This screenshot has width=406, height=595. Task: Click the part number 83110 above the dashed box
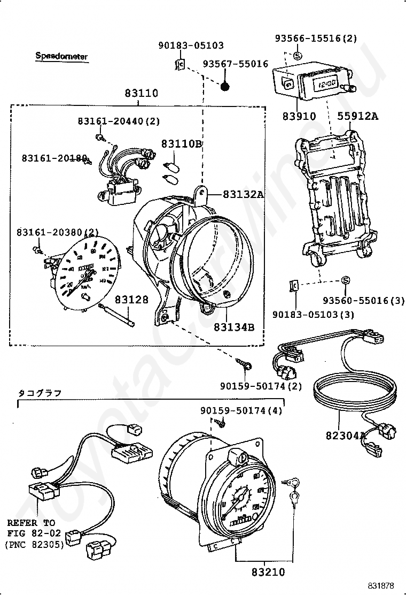(142, 93)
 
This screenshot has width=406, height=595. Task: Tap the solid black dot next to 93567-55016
(225, 85)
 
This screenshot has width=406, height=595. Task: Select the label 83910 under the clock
(300, 116)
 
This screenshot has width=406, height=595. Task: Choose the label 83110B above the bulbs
(182, 144)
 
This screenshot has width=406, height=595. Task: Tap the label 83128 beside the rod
(131, 300)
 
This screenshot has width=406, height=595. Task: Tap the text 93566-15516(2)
(316, 39)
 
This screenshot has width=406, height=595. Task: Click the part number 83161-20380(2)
(58, 232)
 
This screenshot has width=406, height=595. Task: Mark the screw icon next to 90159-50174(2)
(246, 365)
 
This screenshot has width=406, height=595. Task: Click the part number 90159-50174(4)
(241, 410)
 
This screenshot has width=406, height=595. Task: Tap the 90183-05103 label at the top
(191, 46)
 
